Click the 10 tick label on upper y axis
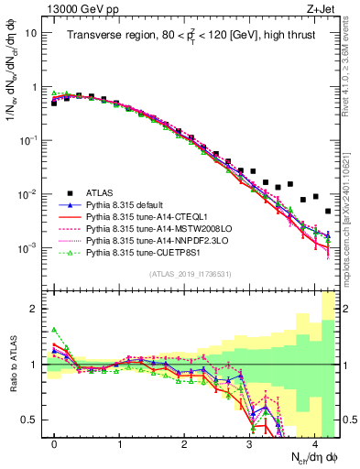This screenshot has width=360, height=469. tap(31, 33)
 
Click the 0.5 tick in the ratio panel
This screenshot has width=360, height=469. tap(30, 420)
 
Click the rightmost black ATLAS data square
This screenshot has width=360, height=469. tap(328, 212)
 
